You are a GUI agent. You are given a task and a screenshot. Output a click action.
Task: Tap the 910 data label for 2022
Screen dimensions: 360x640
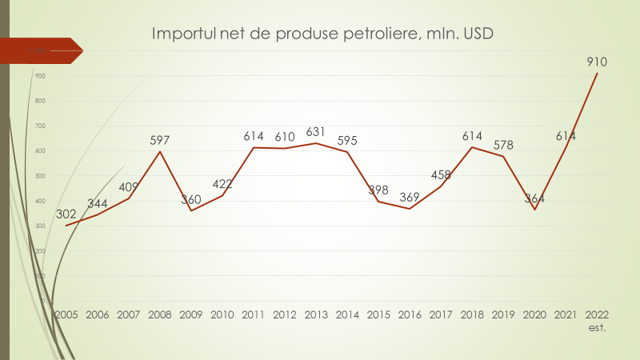pyautogui.click(x=597, y=62)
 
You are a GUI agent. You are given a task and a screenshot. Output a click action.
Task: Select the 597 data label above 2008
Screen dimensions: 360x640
pyautogui.click(x=160, y=140)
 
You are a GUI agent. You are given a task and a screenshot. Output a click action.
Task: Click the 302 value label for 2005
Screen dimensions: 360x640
pyautogui.click(x=66, y=214)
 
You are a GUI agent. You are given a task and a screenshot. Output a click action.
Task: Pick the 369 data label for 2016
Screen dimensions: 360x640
pyautogui.click(x=410, y=197)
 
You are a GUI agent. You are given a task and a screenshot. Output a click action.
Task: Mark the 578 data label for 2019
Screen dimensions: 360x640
pyautogui.click(x=503, y=145)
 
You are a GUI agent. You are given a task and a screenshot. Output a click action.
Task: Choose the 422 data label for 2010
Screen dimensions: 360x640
pyautogui.click(x=222, y=184)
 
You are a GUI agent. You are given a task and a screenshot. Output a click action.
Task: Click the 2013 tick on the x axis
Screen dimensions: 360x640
pyautogui.click(x=316, y=314)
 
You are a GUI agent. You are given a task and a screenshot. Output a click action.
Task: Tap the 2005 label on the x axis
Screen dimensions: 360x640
pyautogui.click(x=66, y=314)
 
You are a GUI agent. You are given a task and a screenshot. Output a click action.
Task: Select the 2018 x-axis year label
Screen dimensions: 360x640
pyautogui.click(x=472, y=314)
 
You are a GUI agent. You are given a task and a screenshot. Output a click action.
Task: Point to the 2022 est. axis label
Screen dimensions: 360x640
pyautogui.click(x=597, y=320)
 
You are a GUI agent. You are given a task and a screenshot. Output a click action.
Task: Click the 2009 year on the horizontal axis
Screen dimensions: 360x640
pyautogui.click(x=191, y=314)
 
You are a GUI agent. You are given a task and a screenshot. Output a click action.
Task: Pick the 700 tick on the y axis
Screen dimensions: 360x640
pyautogui.click(x=39, y=126)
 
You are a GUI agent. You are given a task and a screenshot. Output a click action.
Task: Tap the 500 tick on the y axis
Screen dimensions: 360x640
pyautogui.click(x=39, y=176)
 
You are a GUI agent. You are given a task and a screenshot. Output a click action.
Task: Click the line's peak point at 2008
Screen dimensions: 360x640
pyautogui.click(x=160, y=152)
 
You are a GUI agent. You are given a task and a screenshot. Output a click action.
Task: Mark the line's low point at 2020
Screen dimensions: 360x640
pyautogui.click(x=534, y=210)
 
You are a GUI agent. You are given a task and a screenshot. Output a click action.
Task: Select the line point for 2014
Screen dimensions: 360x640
pyautogui.click(x=347, y=152)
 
